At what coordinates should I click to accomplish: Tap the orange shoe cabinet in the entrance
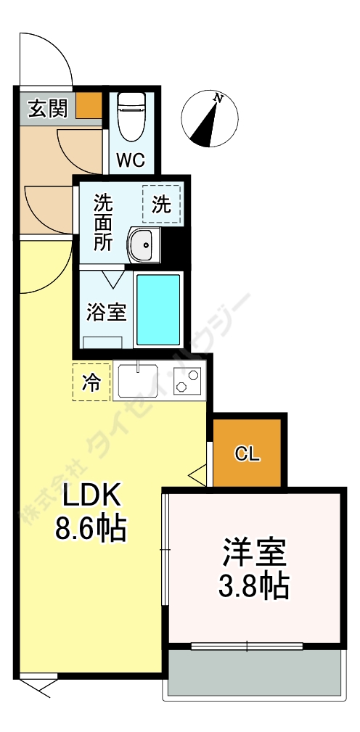89,106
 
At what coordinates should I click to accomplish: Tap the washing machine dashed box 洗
161,205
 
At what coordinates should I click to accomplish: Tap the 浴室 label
107,313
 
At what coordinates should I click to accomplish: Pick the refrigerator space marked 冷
91,382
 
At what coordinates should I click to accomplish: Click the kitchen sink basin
137,382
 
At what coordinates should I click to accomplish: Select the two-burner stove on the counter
189,382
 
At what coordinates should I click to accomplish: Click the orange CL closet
247,453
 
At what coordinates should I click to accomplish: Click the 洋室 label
254,553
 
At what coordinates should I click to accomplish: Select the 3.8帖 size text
254,585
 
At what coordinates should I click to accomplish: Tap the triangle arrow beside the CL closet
197,476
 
